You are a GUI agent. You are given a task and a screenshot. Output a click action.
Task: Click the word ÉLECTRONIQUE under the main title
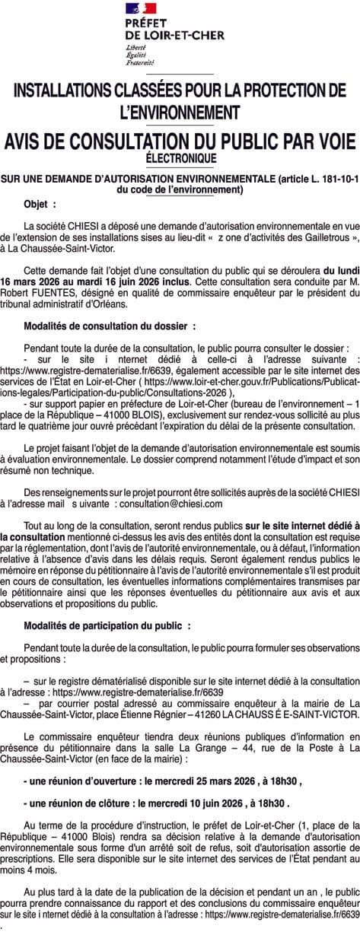point(180,157)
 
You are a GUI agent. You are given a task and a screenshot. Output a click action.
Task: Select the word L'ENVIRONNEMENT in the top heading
point(180,112)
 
